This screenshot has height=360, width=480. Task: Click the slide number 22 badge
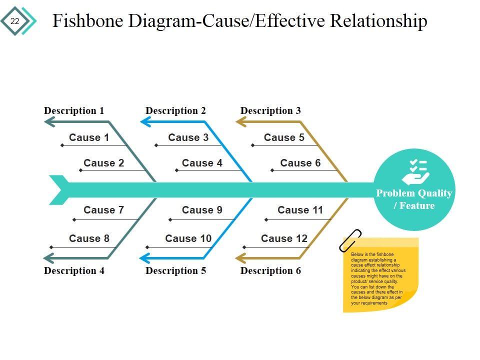click(14, 21)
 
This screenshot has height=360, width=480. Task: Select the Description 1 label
click(74, 110)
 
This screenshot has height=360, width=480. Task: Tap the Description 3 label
click(270, 110)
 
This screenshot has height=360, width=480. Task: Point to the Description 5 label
click(175, 270)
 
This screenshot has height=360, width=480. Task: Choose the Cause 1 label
click(88, 137)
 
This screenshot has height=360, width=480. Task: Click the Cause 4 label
click(202, 163)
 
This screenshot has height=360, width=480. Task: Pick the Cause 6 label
click(300, 163)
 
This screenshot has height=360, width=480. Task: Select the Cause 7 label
click(103, 210)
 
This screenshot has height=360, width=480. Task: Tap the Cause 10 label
click(188, 238)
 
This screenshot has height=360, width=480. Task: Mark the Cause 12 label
click(284, 238)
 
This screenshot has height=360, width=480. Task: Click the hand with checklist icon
click(415, 172)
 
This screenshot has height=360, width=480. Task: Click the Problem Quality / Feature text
click(414, 199)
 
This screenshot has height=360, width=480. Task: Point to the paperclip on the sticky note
click(350, 240)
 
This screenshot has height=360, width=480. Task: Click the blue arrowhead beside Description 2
click(145, 121)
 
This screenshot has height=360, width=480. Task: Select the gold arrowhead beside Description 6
click(240, 258)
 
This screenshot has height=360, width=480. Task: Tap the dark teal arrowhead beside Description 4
click(48, 258)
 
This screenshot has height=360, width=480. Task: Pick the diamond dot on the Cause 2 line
click(80, 170)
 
